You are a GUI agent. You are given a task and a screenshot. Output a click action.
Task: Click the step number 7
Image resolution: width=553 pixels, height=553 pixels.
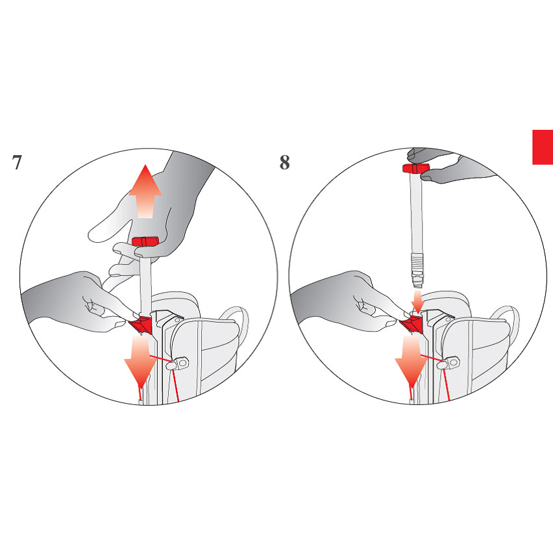point(17,162)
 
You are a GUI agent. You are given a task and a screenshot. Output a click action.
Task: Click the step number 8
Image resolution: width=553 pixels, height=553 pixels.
point(284,162)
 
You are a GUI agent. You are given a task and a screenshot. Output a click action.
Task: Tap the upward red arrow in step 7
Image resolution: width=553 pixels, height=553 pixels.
point(145,191)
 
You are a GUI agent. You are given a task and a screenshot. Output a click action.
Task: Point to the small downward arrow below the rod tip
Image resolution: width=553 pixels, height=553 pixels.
point(417,302)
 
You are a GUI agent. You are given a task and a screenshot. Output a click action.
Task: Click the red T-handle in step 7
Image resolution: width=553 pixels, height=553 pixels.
point(145,242)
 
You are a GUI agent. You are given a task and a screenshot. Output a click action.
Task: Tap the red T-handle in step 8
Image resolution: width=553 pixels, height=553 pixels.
point(416,168)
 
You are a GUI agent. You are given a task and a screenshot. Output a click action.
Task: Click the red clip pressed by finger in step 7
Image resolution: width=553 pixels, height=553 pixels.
point(141,325)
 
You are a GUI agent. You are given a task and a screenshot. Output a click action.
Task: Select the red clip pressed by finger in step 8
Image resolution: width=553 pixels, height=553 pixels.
point(412,325)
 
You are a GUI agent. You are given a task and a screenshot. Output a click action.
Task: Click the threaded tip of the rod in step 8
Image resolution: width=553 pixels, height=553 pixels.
point(417,270)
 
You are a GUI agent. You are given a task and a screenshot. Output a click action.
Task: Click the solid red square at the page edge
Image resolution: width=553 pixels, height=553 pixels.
point(543,147)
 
